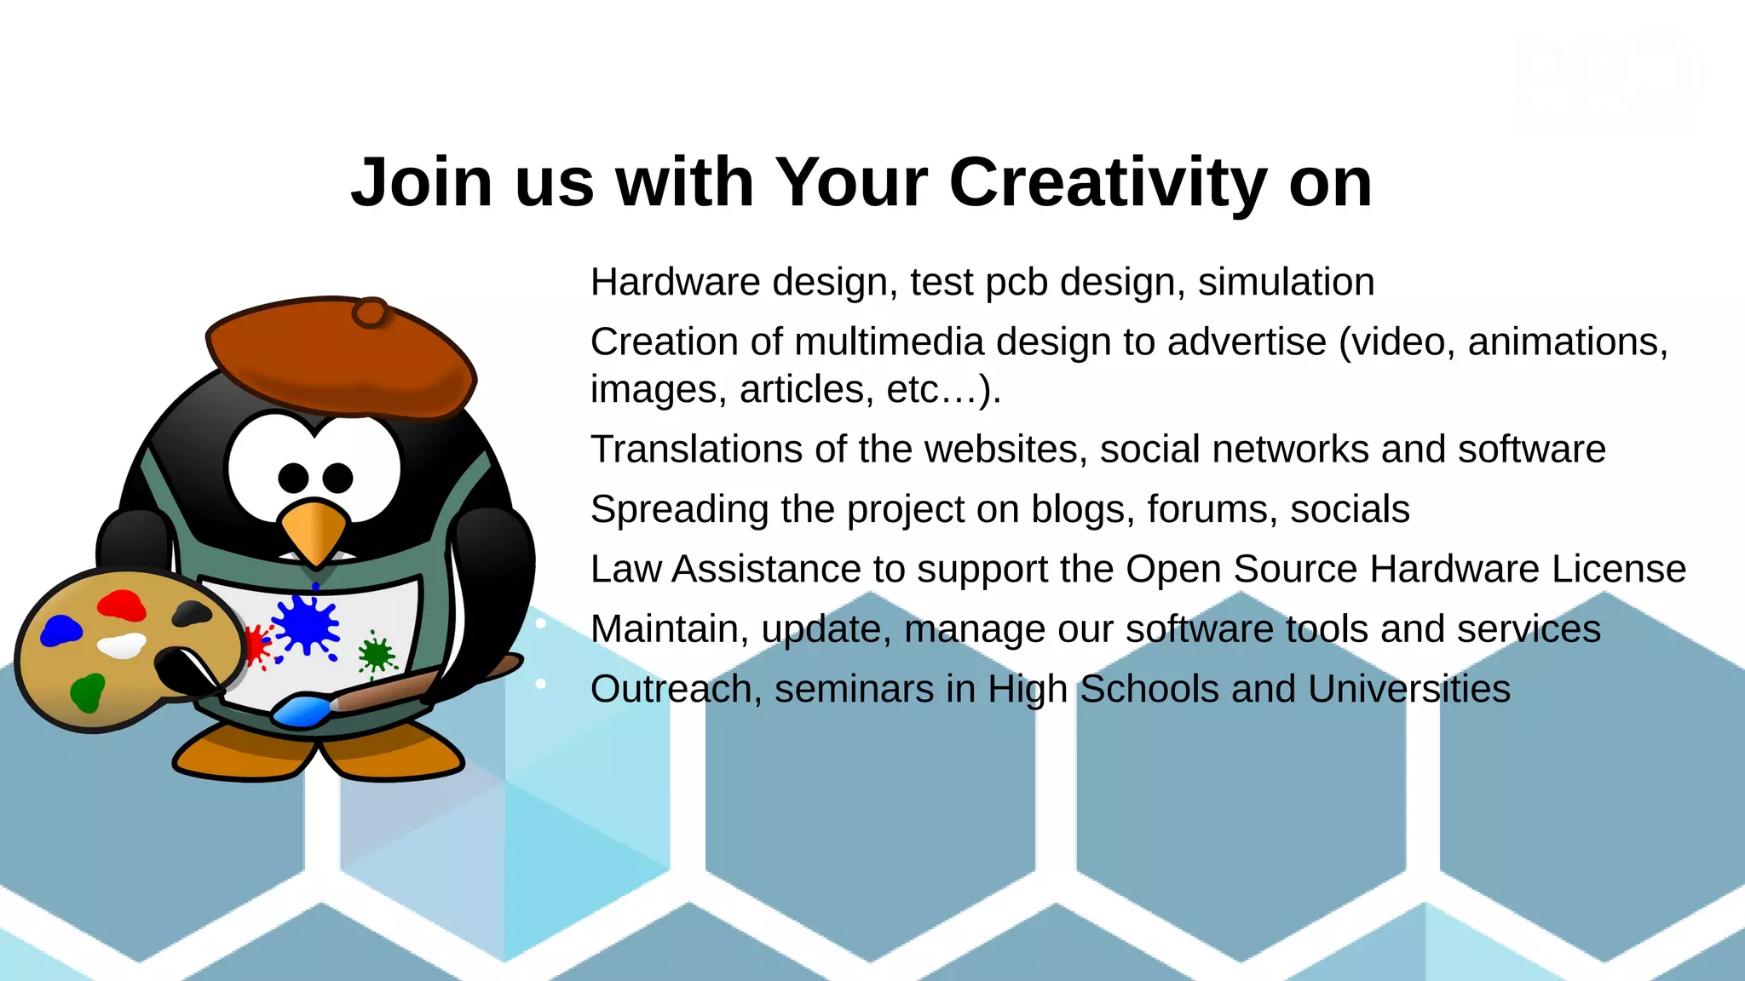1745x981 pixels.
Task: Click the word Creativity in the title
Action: [1108, 183]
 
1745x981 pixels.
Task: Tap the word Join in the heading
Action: [422, 183]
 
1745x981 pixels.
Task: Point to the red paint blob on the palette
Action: [121, 605]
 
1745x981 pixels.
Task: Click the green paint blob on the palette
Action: [87, 691]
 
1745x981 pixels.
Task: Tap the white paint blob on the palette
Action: [122, 645]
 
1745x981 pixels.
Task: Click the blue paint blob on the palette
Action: [60, 631]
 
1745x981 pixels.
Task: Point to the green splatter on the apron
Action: [375, 654]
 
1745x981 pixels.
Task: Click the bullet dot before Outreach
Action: [540, 684]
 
